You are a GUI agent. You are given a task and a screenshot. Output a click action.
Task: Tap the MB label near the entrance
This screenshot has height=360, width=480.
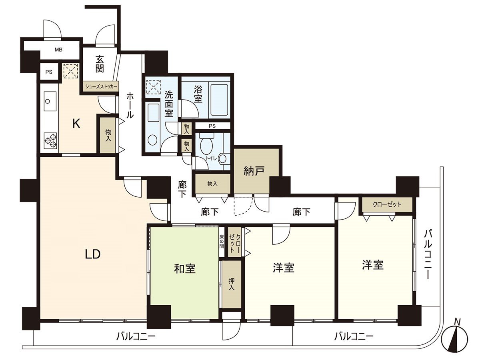pos(58,50)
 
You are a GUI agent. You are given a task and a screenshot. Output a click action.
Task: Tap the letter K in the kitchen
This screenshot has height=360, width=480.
pos(76,124)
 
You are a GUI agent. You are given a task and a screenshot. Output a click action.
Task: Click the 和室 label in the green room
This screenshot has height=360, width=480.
pos(184,269)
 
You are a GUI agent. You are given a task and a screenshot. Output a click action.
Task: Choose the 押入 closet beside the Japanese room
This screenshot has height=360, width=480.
pos(232,284)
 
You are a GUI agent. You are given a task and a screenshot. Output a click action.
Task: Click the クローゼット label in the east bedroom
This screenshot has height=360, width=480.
pos(386,204)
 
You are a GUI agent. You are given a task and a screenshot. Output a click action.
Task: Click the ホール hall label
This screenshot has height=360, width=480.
pos(130,105)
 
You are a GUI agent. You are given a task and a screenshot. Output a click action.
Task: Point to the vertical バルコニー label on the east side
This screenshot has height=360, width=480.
pos(428,254)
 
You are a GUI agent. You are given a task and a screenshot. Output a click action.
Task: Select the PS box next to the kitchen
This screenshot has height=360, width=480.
pos(49,72)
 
